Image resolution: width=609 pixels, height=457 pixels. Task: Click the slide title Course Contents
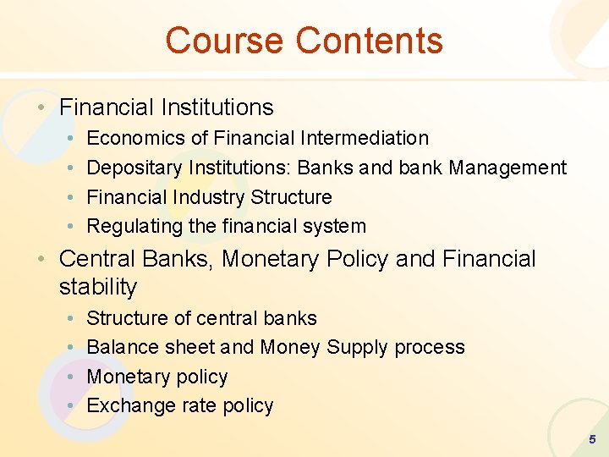click(x=304, y=41)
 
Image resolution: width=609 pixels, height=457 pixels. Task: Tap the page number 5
click(x=592, y=439)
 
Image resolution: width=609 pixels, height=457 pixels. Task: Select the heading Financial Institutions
click(x=167, y=107)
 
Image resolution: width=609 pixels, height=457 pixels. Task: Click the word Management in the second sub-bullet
click(x=507, y=168)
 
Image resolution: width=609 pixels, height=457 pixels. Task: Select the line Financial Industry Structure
click(x=209, y=197)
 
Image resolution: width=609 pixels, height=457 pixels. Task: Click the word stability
click(x=97, y=288)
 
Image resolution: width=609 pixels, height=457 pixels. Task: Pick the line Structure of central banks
click(x=201, y=318)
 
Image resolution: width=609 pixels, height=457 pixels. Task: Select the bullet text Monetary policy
click(x=157, y=377)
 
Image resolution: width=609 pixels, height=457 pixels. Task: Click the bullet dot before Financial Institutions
click(x=41, y=108)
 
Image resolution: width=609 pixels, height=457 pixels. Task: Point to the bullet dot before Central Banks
click(x=41, y=259)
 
